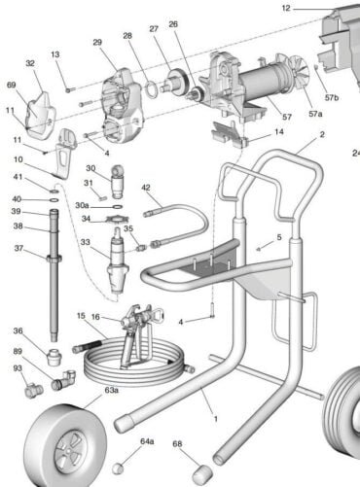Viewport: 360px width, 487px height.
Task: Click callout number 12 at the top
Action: click(286, 8)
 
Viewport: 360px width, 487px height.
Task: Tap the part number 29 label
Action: click(97, 42)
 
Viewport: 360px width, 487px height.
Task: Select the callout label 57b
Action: click(331, 98)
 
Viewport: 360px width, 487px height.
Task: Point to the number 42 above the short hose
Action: click(146, 187)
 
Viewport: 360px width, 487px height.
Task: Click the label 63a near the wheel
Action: click(112, 390)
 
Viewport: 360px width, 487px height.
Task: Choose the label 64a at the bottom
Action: click(147, 440)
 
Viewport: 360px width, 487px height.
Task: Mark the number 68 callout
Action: click(177, 445)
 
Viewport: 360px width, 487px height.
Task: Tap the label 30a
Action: click(83, 205)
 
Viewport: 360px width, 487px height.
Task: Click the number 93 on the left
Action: click(18, 367)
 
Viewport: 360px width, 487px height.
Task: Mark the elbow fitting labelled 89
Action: click(65, 379)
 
